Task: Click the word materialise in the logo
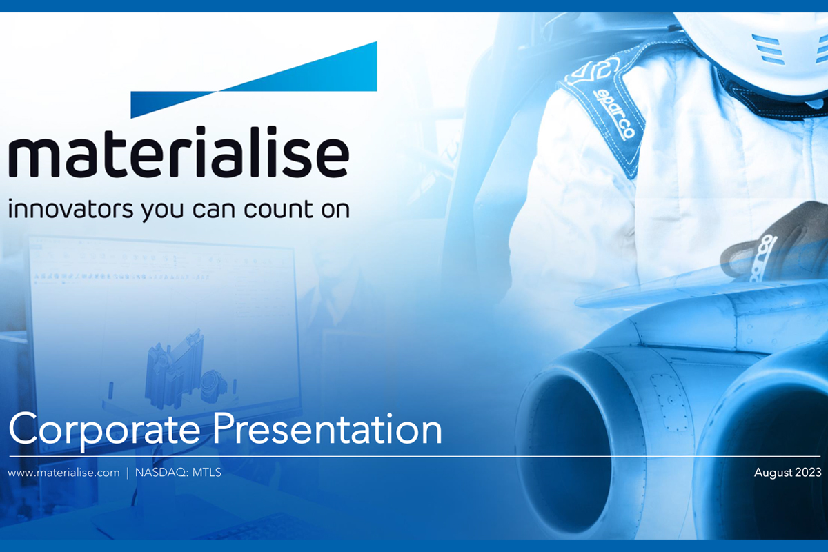pos(179,152)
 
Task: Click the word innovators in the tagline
pos(70,209)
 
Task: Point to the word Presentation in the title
pos(328,429)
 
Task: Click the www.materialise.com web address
pos(64,473)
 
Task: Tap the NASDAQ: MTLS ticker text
pos(178,473)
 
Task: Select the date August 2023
pos(788,473)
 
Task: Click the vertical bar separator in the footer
pos(128,473)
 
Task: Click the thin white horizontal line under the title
pos(415,457)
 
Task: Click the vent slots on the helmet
pos(767,48)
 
